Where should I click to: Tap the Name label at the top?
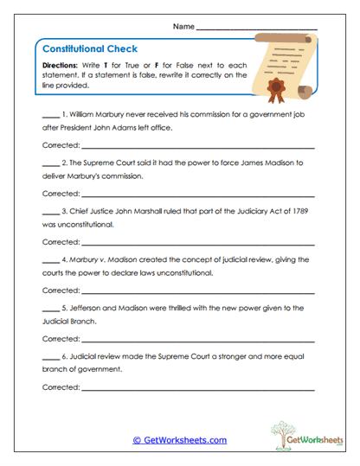(x=183, y=27)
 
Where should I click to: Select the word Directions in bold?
(x=60, y=66)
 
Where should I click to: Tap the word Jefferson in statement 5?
(x=93, y=307)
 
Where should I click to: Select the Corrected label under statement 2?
(x=61, y=194)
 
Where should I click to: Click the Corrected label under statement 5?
(x=61, y=338)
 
